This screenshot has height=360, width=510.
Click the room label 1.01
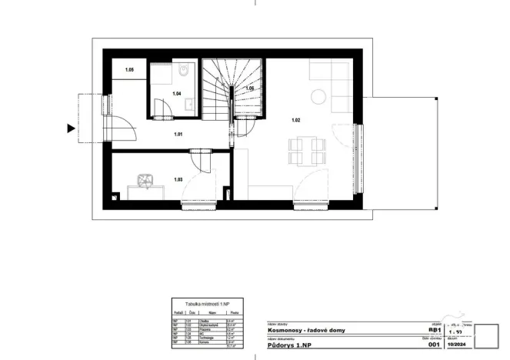click(x=178, y=135)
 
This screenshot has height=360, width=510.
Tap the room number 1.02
click(x=296, y=119)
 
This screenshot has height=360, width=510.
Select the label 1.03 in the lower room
click(x=178, y=179)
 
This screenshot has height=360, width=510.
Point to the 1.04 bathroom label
click(x=176, y=94)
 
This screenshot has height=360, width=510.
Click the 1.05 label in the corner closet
click(x=130, y=71)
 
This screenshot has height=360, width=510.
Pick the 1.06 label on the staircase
click(x=250, y=89)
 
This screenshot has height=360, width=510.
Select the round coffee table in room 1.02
click(x=317, y=96)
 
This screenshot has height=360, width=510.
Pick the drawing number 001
click(x=433, y=346)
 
